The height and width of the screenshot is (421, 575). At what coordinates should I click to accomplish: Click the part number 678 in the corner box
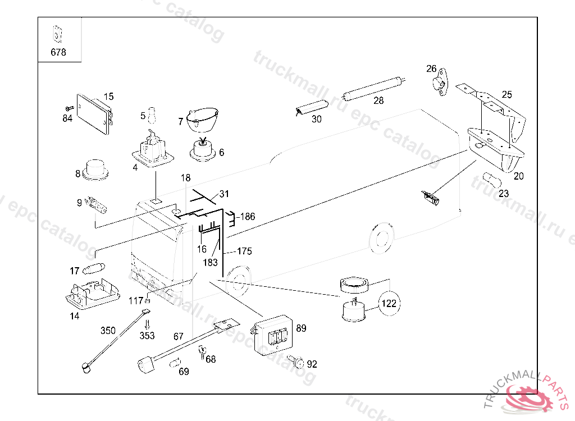tap(58, 52)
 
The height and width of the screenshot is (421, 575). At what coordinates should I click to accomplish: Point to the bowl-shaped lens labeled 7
tap(202, 117)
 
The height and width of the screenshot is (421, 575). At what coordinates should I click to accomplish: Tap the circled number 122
tap(389, 304)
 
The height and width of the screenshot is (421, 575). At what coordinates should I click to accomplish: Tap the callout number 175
tap(244, 251)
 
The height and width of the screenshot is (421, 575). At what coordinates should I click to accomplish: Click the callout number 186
tap(248, 216)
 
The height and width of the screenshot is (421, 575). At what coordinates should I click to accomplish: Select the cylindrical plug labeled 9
tap(98, 204)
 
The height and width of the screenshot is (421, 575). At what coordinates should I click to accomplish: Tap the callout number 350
tap(108, 330)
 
